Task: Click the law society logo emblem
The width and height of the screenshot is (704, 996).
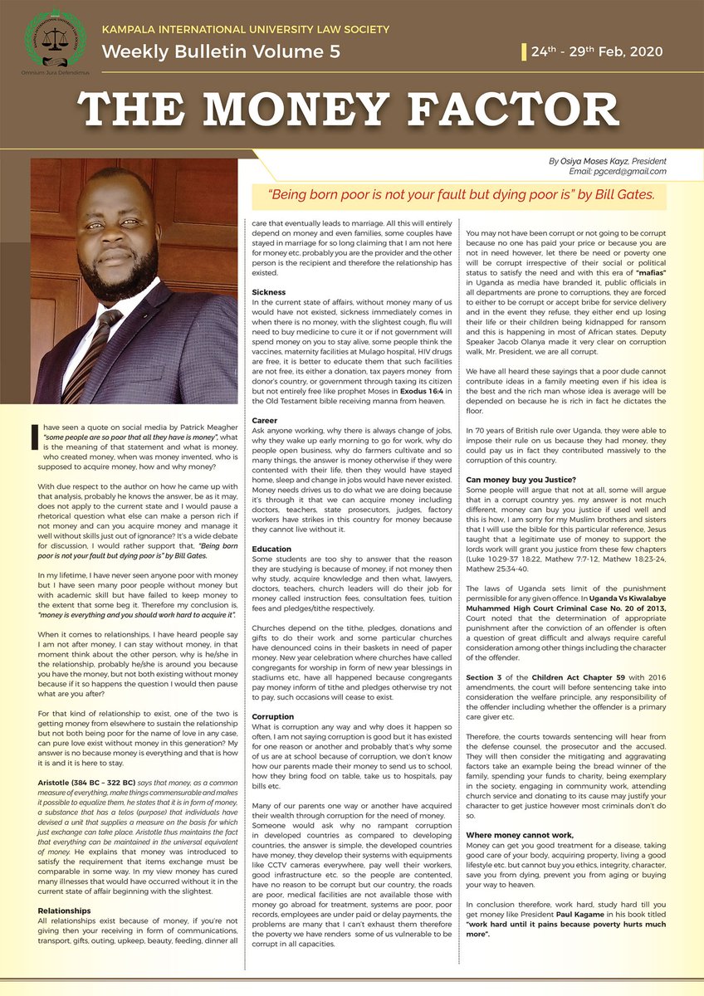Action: click(x=55, y=37)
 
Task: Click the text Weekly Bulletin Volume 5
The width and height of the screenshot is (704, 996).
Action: click(x=221, y=51)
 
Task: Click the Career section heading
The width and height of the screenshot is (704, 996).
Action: click(x=265, y=421)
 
